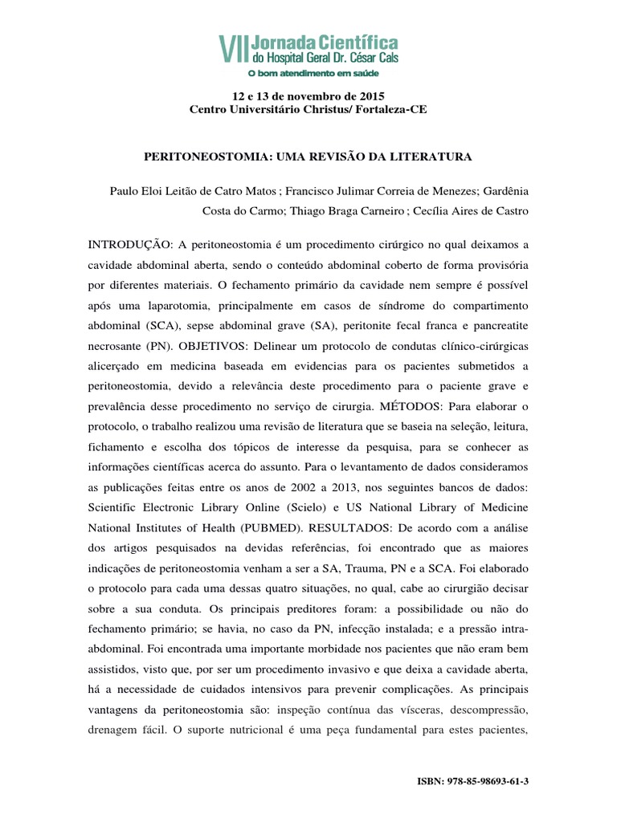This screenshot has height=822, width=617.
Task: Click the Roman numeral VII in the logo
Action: click(234, 49)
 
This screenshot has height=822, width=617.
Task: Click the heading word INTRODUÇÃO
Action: click(128, 243)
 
